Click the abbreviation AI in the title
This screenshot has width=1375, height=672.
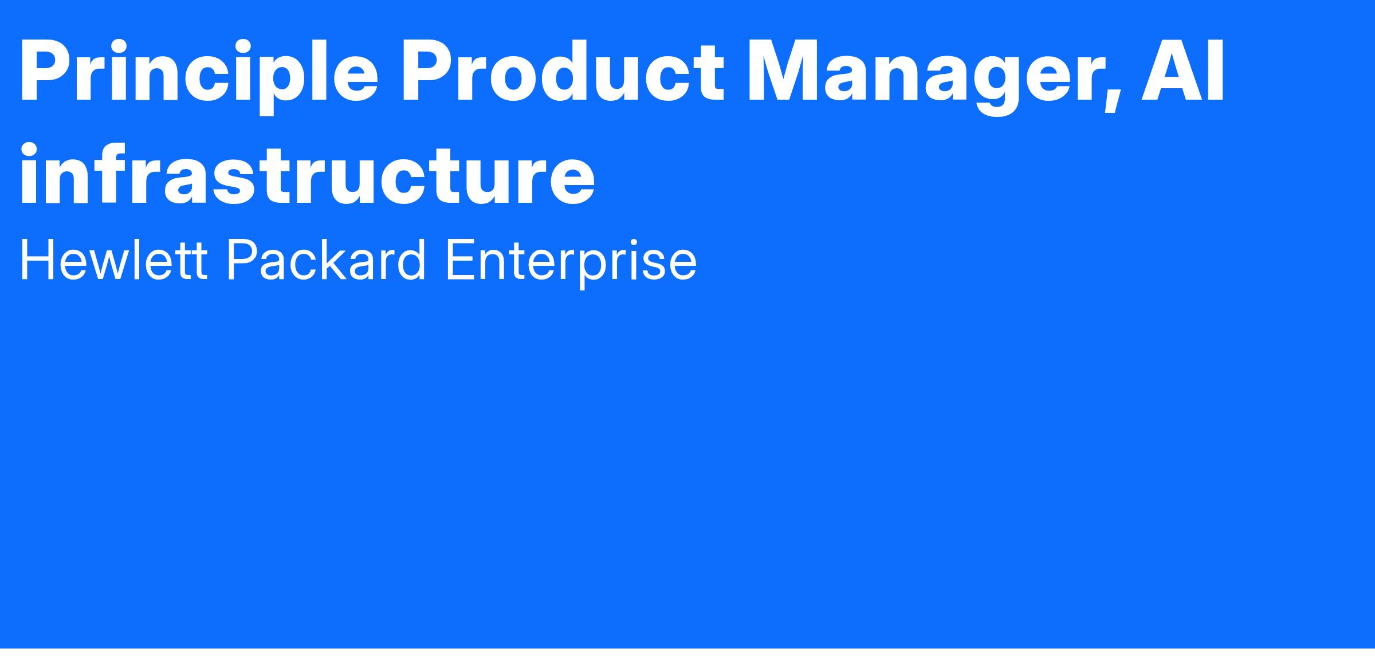[1181, 71]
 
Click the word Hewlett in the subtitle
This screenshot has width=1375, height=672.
[113, 261]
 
